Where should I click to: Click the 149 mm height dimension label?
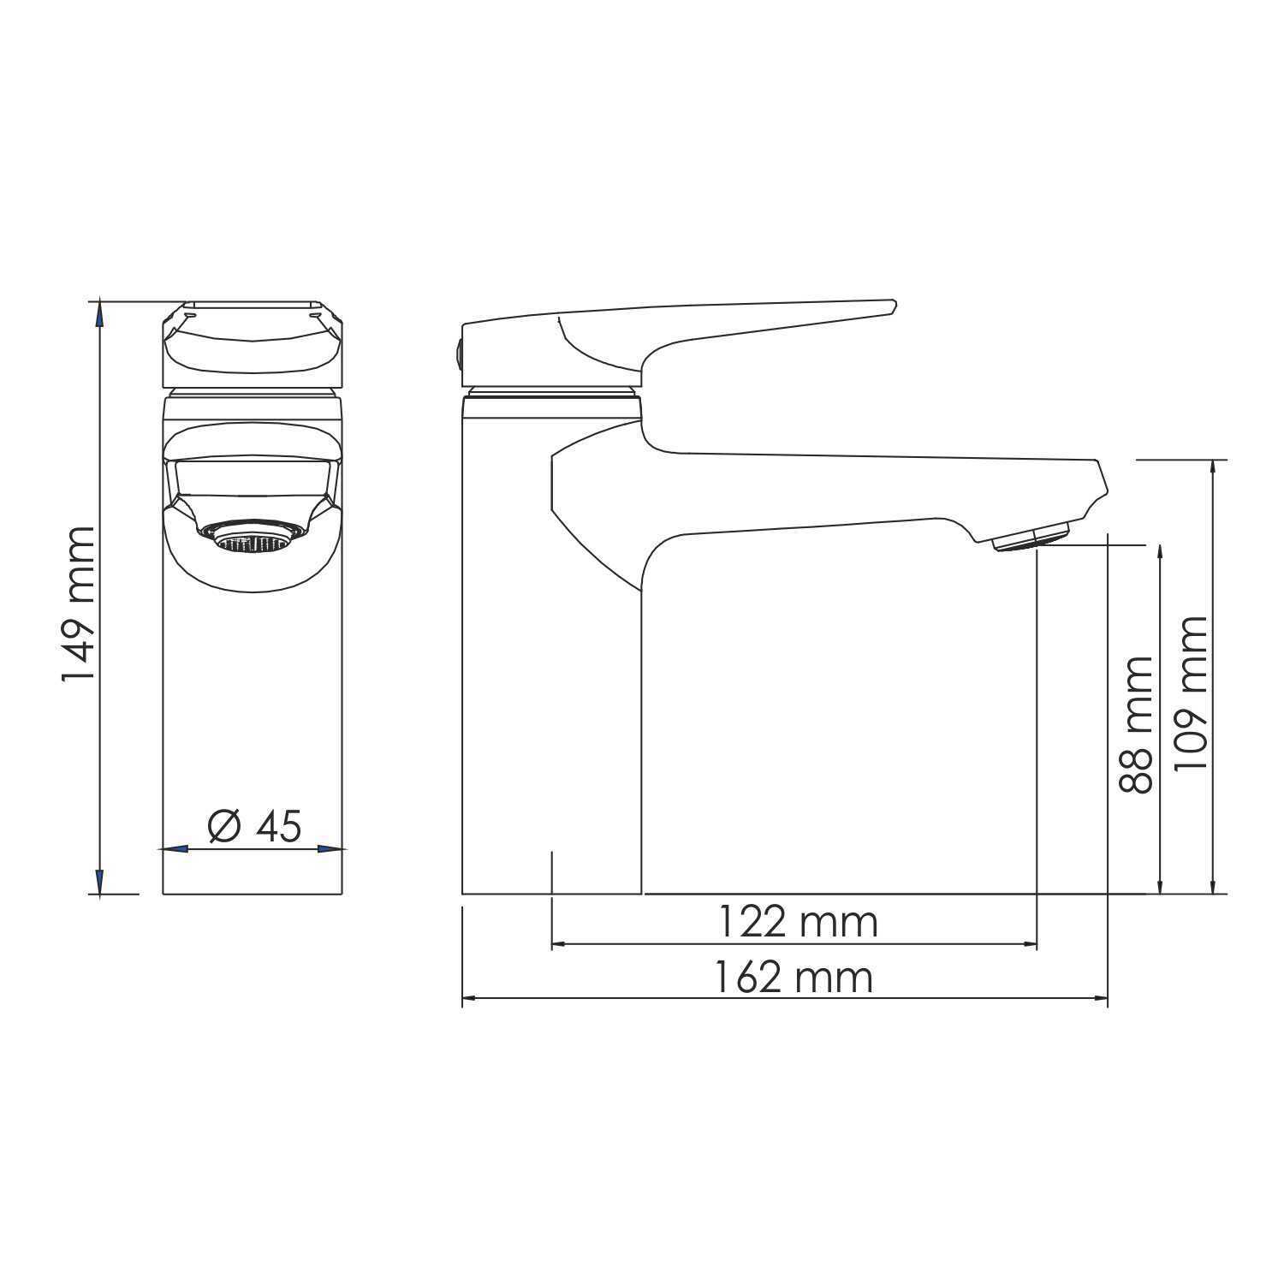click(x=78, y=604)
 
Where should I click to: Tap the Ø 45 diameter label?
click(x=255, y=825)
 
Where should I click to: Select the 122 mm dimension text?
click(x=797, y=922)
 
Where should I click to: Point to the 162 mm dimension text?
click(x=794, y=978)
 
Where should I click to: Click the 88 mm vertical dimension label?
click(x=1137, y=724)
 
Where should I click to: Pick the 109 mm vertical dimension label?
click(x=1191, y=693)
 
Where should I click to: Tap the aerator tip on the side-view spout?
click(x=1031, y=538)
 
